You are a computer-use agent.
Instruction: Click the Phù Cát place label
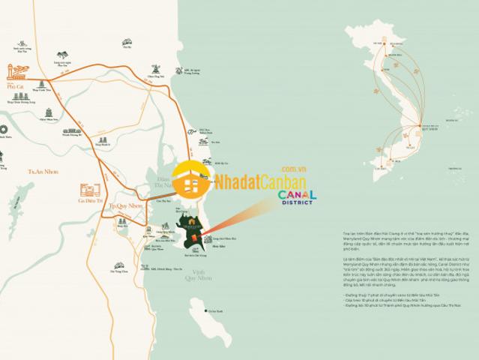15,87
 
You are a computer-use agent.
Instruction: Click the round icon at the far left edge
2,128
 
